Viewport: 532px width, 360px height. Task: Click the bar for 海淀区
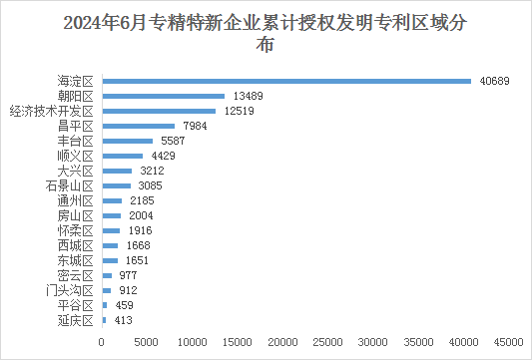pyautogui.click(x=286, y=81)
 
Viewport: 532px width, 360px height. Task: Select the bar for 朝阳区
pyautogui.click(x=163, y=96)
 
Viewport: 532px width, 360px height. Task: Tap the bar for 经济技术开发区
pyautogui.click(x=159, y=111)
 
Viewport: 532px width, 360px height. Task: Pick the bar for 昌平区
pyautogui.click(x=138, y=126)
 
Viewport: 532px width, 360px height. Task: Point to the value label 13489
pyautogui.click(x=249, y=96)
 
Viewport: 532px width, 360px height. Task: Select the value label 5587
pyautogui.click(x=176, y=141)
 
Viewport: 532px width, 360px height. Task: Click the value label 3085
pyautogui.click(x=153, y=185)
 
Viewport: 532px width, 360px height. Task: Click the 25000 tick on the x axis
pyautogui.click(x=328, y=342)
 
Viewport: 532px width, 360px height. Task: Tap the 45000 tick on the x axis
pyautogui.click(x=509, y=342)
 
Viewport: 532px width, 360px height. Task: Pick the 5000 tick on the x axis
pyautogui.click(x=147, y=342)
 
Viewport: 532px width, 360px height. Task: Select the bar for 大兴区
pyautogui.click(x=117, y=171)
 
